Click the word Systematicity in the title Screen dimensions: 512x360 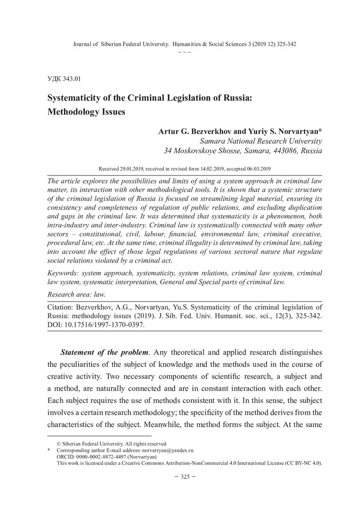pos(76,100)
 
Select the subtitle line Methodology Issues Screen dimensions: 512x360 pos(88,113)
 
